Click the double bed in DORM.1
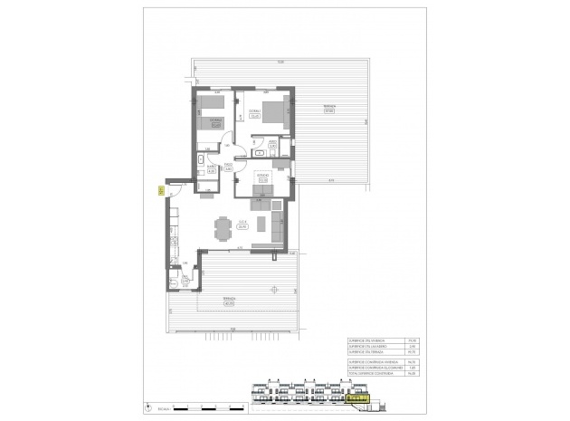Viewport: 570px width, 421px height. point(276,112)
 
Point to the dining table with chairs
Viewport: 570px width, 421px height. point(222,229)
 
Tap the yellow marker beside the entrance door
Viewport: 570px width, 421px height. point(159,190)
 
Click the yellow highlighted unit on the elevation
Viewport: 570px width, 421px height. point(359,397)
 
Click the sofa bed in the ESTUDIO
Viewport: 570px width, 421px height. point(263,190)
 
